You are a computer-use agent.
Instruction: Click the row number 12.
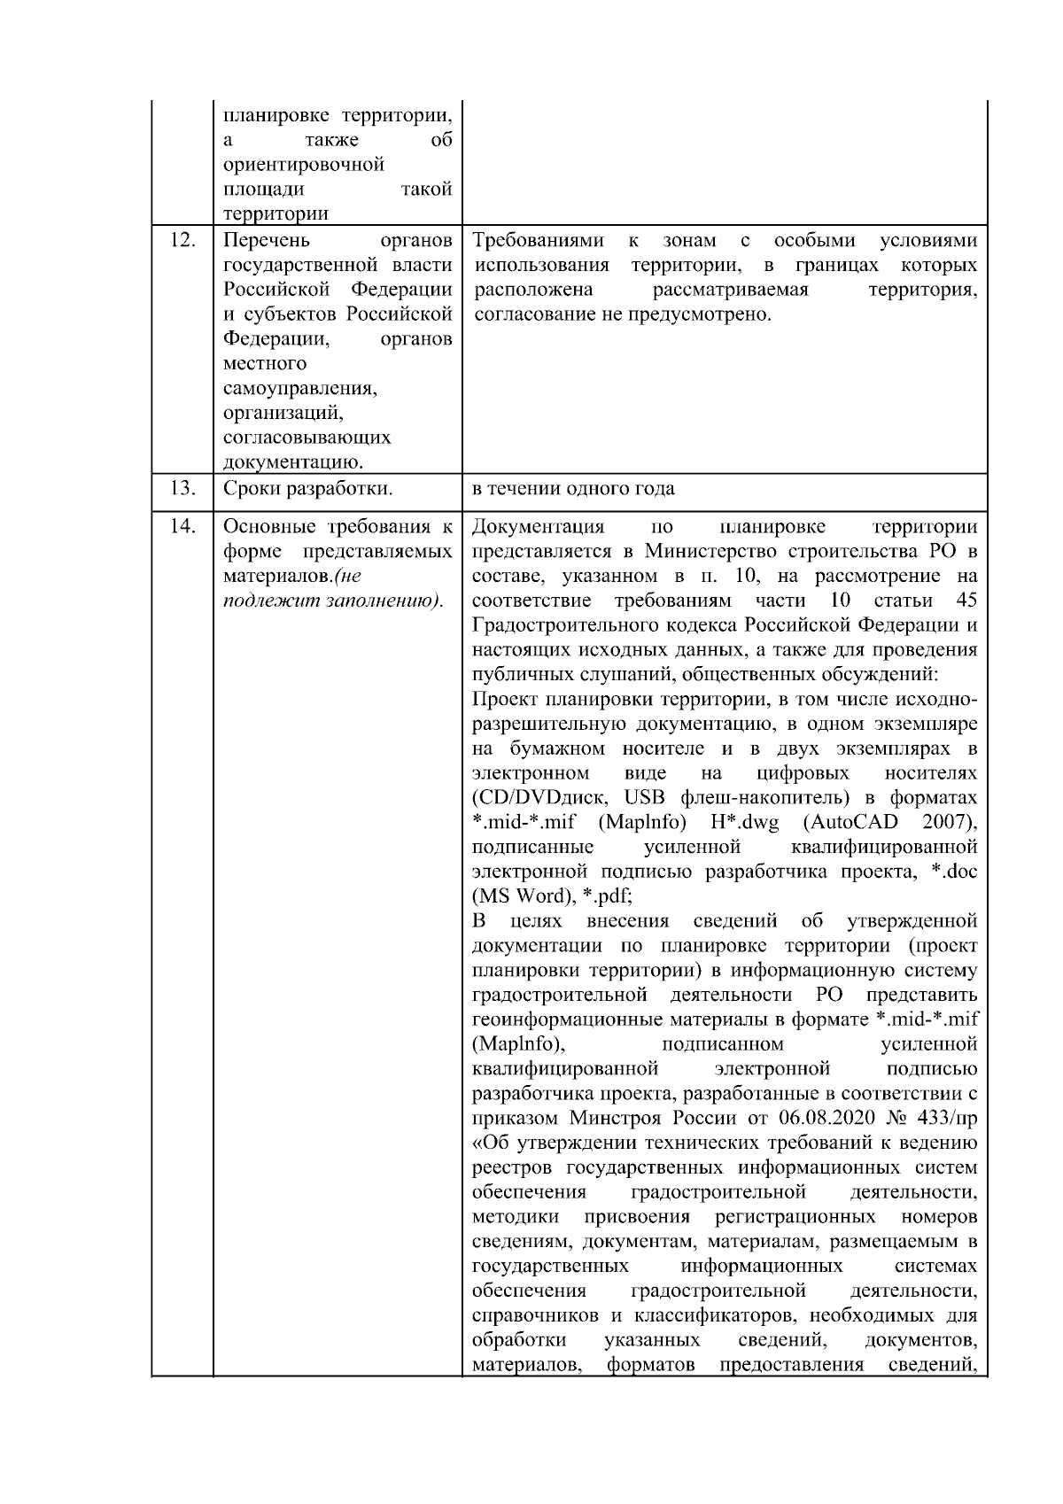[x=182, y=241]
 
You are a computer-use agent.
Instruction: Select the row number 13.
[x=182, y=489]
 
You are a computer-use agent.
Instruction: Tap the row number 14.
[x=182, y=527]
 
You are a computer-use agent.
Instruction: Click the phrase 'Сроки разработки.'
[x=307, y=489]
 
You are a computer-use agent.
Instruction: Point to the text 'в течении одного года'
[x=574, y=489]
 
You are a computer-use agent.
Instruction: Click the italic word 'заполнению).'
[x=393, y=601]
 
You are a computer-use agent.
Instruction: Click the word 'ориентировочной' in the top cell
[x=304, y=165]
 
